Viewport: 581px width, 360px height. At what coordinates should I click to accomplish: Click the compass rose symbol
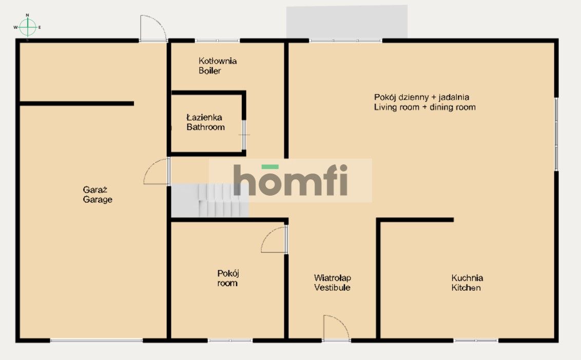click(27, 27)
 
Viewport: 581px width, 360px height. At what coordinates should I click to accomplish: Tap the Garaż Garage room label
click(98, 195)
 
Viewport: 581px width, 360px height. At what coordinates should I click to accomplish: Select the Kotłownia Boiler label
click(218, 66)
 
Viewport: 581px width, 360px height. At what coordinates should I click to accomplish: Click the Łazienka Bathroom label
click(205, 122)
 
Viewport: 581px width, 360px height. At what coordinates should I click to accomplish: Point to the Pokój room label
click(227, 278)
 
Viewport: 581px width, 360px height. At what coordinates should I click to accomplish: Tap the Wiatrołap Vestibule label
click(333, 282)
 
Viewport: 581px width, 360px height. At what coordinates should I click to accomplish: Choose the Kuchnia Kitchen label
click(467, 282)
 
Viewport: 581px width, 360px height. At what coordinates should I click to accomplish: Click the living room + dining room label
click(424, 102)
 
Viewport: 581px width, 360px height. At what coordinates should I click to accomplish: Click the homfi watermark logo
click(290, 180)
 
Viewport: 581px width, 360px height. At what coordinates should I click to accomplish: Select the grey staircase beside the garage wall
click(210, 200)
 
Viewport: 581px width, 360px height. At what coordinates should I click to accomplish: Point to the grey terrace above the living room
click(347, 22)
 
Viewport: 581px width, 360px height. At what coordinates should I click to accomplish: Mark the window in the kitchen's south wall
click(476, 340)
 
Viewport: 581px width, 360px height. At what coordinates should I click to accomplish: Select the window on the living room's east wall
click(556, 134)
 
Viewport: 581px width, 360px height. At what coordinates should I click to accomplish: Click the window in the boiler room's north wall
click(217, 41)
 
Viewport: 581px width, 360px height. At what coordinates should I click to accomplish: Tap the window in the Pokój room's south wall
click(230, 340)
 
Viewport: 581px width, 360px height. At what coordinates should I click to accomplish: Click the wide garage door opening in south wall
click(96, 340)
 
